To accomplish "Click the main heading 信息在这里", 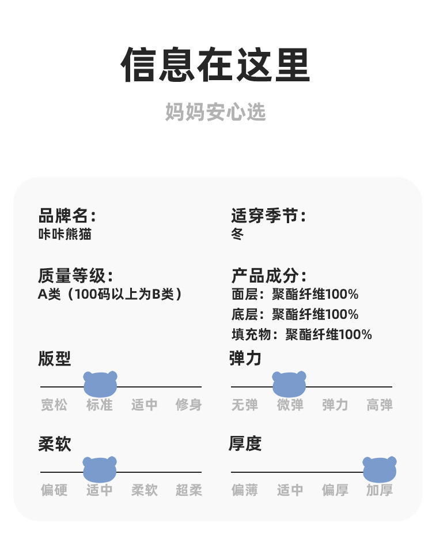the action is click(215, 65).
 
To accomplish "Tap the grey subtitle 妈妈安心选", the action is click(215, 112).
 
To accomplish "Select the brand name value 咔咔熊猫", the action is click(65, 234).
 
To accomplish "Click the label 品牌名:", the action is click(67, 216).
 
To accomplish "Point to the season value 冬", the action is click(237, 235).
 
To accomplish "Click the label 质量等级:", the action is click(75, 275).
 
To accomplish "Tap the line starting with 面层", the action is click(295, 295).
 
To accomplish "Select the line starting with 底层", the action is click(295, 314).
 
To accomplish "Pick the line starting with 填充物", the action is click(302, 334).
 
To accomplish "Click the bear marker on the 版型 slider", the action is click(100, 384).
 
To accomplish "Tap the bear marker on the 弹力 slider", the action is click(289, 384).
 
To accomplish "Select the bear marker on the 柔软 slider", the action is click(100, 469).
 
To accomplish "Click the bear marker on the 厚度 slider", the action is click(380, 469).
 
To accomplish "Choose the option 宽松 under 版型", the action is click(54, 405).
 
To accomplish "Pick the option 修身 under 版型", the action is click(188, 405).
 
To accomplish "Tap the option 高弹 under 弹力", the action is click(380, 405).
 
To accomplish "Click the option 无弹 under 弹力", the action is click(245, 405).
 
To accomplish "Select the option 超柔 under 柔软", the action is click(188, 491).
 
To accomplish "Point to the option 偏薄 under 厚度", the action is click(245, 491).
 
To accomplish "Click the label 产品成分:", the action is click(269, 275).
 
